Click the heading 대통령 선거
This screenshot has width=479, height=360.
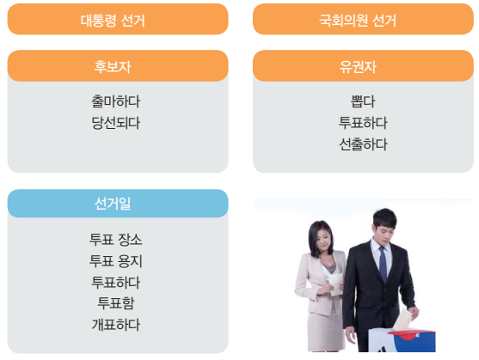click(118, 20)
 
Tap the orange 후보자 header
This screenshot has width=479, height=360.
click(118, 66)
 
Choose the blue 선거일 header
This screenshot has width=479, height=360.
click(118, 204)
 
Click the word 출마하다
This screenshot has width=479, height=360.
click(115, 101)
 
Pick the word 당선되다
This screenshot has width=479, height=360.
click(115, 123)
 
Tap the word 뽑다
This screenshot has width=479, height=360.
click(363, 101)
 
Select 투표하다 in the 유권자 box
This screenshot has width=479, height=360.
click(363, 122)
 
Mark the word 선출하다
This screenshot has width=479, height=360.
click(363, 143)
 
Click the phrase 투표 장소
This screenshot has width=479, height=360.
click(115, 239)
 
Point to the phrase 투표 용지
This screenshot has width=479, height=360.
click(115, 260)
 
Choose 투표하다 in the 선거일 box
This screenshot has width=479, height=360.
click(115, 282)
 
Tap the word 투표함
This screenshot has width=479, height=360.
click(115, 302)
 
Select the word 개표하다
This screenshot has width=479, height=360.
click(115, 324)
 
